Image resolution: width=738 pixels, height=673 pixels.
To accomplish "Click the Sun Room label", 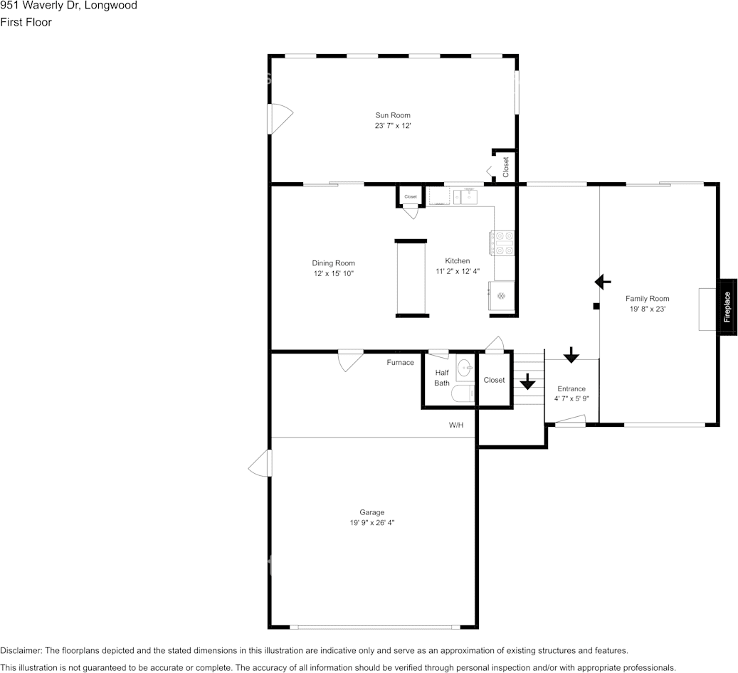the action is click(393, 115).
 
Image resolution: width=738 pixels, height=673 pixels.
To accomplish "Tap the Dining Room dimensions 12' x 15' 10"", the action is click(334, 273).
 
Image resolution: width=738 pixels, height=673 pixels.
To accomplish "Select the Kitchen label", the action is click(458, 260).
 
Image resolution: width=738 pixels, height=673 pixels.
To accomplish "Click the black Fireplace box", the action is click(727, 307).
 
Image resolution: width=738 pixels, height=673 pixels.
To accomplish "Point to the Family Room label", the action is click(647, 298).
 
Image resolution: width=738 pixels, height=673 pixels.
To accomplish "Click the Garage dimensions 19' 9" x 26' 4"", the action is click(371, 522).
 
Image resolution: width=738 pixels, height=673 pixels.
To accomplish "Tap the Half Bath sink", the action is click(465, 367).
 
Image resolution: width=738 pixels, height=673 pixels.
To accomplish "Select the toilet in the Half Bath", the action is click(463, 393).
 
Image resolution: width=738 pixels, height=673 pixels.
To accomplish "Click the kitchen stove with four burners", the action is click(502, 243).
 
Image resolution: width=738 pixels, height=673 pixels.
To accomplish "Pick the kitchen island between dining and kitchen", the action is click(411, 278).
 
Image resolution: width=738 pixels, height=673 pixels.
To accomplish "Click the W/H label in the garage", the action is click(456, 425).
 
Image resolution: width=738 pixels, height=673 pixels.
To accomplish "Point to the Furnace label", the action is click(401, 362).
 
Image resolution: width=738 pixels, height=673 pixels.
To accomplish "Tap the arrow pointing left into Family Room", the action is click(603, 282).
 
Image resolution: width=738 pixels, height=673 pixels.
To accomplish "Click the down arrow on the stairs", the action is click(527, 382).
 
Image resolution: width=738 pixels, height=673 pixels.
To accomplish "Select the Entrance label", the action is click(571, 388).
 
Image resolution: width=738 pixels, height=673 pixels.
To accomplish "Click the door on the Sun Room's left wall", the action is click(280, 119).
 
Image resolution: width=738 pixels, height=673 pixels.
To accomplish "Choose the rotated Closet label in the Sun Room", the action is click(506, 167).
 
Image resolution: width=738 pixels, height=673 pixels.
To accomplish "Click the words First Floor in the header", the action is click(26, 22).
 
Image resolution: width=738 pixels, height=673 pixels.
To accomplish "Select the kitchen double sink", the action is click(465, 196).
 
